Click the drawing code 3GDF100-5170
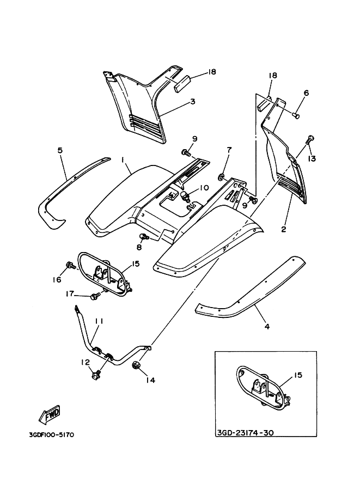click(x=51, y=435)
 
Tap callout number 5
click(x=60, y=149)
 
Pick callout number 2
click(x=283, y=229)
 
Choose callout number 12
click(x=85, y=362)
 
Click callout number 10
click(x=204, y=187)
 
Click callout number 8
click(x=139, y=247)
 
